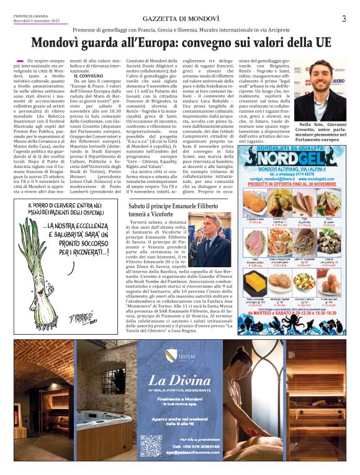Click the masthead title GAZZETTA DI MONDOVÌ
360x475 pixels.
click(x=179, y=19)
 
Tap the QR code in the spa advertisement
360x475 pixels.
click(x=150, y=445)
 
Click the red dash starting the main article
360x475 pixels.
click(x=19, y=60)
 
